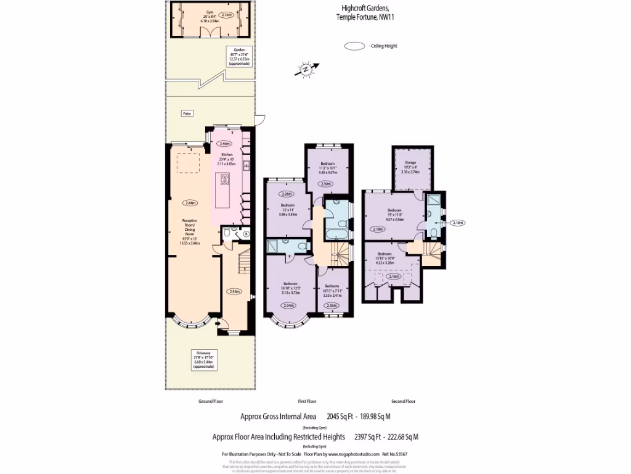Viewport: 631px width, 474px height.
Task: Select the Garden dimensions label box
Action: coord(238,56)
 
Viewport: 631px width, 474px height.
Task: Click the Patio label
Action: coord(185,114)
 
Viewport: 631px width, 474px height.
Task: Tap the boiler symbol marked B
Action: coord(246,234)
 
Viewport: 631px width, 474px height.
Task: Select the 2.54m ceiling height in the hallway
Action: coord(234,291)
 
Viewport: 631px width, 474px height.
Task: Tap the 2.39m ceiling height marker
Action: coord(326,184)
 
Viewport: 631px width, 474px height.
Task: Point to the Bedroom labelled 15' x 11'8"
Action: coord(394,214)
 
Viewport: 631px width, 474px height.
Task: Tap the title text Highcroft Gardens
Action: coord(365,9)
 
